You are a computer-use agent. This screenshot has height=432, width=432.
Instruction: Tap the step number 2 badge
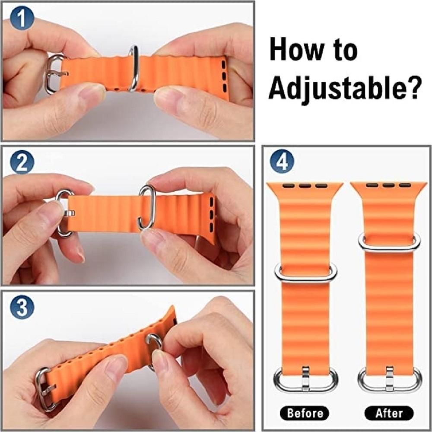22,162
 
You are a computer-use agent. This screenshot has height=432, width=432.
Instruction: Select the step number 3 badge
22,307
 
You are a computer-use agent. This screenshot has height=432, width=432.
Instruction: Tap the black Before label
305,413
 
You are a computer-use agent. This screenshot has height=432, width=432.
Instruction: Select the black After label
389,413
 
